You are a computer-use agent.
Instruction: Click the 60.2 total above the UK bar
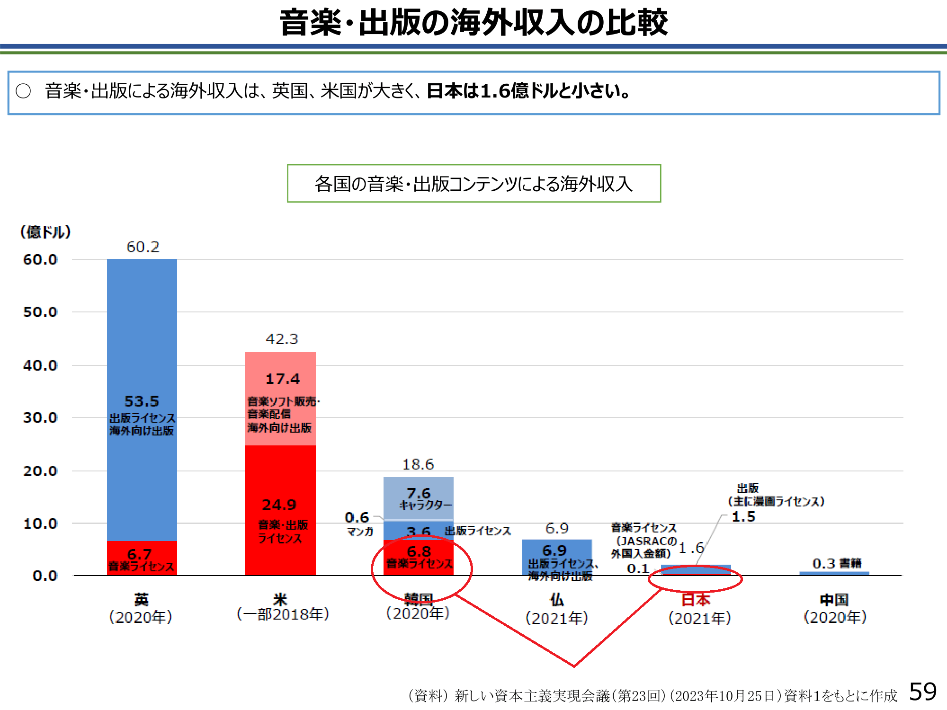point(143,247)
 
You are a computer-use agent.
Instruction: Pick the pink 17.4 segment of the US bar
point(280,398)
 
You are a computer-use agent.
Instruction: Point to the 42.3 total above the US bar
point(282,339)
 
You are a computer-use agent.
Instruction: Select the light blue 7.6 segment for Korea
point(419,497)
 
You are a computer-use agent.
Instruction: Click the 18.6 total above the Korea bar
point(418,464)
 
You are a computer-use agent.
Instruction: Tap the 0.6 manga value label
point(357,517)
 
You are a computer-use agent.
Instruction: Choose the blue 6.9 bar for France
point(557,556)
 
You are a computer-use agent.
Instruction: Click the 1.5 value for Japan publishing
point(743,517)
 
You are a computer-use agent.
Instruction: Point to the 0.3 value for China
point(824,564)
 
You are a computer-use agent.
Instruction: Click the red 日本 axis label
point(696,600)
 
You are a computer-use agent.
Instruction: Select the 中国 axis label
point(834,600)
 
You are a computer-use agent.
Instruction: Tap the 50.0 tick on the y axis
point(40,312)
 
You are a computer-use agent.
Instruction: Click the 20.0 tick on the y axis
point(40,471)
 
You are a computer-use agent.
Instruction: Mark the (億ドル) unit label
point(45,232)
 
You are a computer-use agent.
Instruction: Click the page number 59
point(923,692)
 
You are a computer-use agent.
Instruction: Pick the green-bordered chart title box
point(474,184)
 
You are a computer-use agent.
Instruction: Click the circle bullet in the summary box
point(23,91)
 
